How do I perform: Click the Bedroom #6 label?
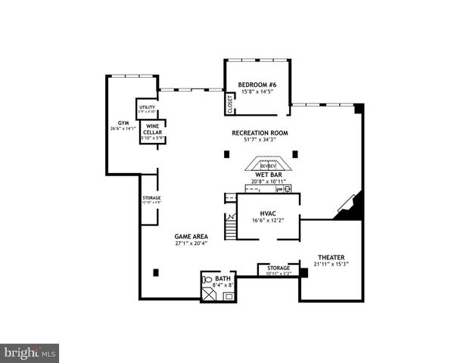coord(257,85)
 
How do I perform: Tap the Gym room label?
coord(123,123)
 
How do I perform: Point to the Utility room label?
coord(147,107)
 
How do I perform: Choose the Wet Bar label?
coord(268,175)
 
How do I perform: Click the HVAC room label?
coord(268,213)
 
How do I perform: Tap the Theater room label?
coord(331,257)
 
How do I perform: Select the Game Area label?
coord(191,237)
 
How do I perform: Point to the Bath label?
coord(223,279)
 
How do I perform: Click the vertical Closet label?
coord(230,104)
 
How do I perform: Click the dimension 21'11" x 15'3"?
coord(331,265)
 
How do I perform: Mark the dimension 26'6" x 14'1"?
coord(123,129)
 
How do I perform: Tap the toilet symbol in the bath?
coord(209,280)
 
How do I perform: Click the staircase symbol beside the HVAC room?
coord(230,225)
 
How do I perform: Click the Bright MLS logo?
coord(30,352)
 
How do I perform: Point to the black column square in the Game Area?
coord(155,272)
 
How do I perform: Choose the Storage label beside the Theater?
coord(279,268)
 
